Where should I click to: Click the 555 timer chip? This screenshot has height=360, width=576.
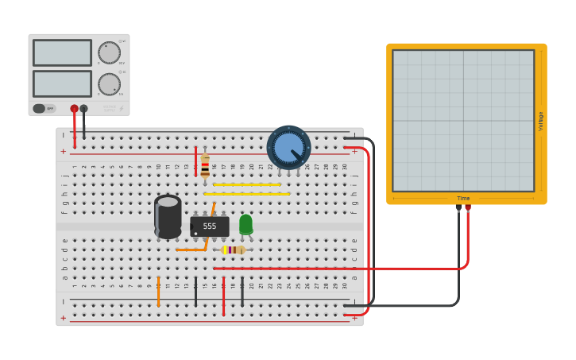click(x=210, y=226)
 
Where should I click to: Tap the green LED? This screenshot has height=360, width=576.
click(x=245, y=224)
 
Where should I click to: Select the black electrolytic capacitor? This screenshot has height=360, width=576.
click(x=168, y=216)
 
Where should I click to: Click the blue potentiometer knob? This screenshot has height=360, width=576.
click(x=288, y=147)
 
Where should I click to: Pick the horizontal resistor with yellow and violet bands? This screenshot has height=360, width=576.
click(x=232, y=250)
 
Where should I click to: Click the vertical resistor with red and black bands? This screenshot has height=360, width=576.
click(x=205, y=166)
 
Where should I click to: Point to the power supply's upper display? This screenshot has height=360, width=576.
click(x=62, y=53)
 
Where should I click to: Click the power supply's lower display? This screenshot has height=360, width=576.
click(x=62, y=83)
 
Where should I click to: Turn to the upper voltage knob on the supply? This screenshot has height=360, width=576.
click(x=109, y=53)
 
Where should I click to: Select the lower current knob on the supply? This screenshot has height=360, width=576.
click(x=109, y=84)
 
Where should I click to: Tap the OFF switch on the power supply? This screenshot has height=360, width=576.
click(x=44, y=108)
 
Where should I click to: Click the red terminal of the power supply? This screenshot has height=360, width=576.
click(x=74, y=109)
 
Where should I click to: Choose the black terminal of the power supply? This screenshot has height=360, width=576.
click(x=83, y=109)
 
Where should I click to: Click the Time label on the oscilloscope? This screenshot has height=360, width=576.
click(x=463, y=198)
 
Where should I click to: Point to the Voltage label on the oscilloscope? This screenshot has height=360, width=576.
click(x=540, y=121)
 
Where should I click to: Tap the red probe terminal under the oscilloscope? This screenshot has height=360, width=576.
click(x=468, y=208)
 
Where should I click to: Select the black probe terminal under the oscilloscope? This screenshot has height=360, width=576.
click(x=458, y=208)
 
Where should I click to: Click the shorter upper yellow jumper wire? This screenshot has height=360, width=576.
click(x=247, y=184)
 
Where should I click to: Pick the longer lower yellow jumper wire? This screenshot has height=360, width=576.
click(x=247, y=194)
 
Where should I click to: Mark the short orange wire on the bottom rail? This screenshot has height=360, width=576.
click(x=158, y=292)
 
